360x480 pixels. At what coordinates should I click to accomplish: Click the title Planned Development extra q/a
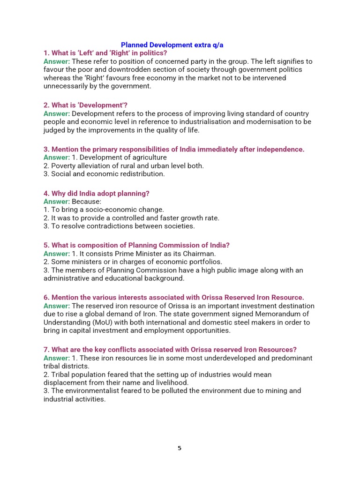(x=172, y=45)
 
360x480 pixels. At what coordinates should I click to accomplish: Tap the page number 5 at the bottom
(x=180, y=448)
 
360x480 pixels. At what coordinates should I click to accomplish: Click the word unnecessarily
(x=67, y=86)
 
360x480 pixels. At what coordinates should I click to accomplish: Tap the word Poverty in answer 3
(x=64, y=166)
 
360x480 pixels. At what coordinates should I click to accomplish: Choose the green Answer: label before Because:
(x=57, y=202)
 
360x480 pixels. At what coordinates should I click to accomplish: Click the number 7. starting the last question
(x=46, y=350)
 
